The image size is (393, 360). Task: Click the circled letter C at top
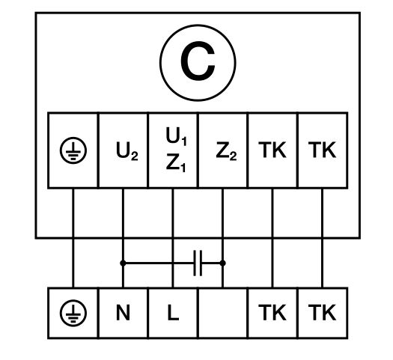[198, 63]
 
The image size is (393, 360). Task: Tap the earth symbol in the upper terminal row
[73, 150]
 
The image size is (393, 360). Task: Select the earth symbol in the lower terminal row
[73, 313]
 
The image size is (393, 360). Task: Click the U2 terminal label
[127, 151]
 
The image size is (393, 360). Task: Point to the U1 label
[176, 136]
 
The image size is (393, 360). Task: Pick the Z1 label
[176, 163]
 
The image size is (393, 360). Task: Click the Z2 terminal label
[226, 151]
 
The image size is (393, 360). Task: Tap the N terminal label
[123, 313]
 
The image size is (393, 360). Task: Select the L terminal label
[173, 313]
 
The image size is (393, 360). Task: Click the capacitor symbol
[198, 263]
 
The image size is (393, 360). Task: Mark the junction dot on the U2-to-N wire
[123, 263]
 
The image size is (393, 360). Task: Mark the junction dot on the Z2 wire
[222, 263]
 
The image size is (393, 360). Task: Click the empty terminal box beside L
[222, 313]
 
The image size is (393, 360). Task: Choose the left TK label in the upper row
[272, 150]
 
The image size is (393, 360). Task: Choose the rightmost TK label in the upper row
[322, 150]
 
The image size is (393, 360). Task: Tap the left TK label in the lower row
[272, 312]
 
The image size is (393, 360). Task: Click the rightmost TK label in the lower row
[322, 312]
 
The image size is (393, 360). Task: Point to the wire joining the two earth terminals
[73, 238]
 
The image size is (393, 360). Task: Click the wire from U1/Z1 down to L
[173, 238]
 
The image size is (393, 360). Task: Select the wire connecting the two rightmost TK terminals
[323, 238]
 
